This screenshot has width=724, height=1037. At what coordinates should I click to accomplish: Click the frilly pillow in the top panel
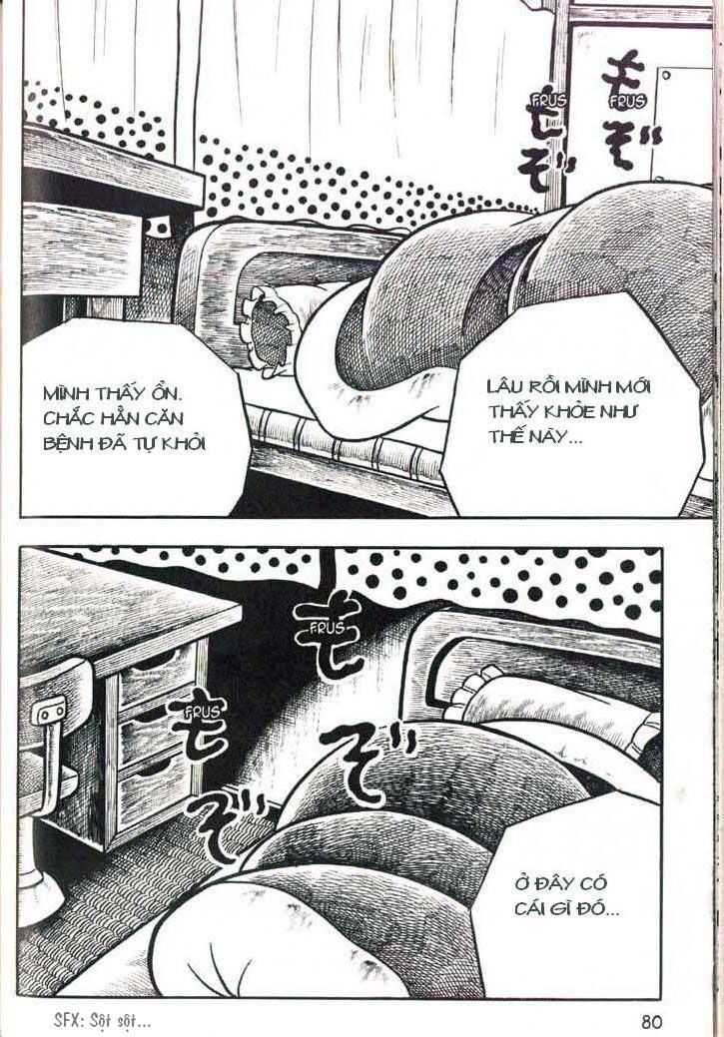[x=267, y=329]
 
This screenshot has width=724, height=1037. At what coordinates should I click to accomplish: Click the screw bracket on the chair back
[x=47, y=712]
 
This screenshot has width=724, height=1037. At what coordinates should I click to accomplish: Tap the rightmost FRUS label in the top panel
[x=625, y=100]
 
